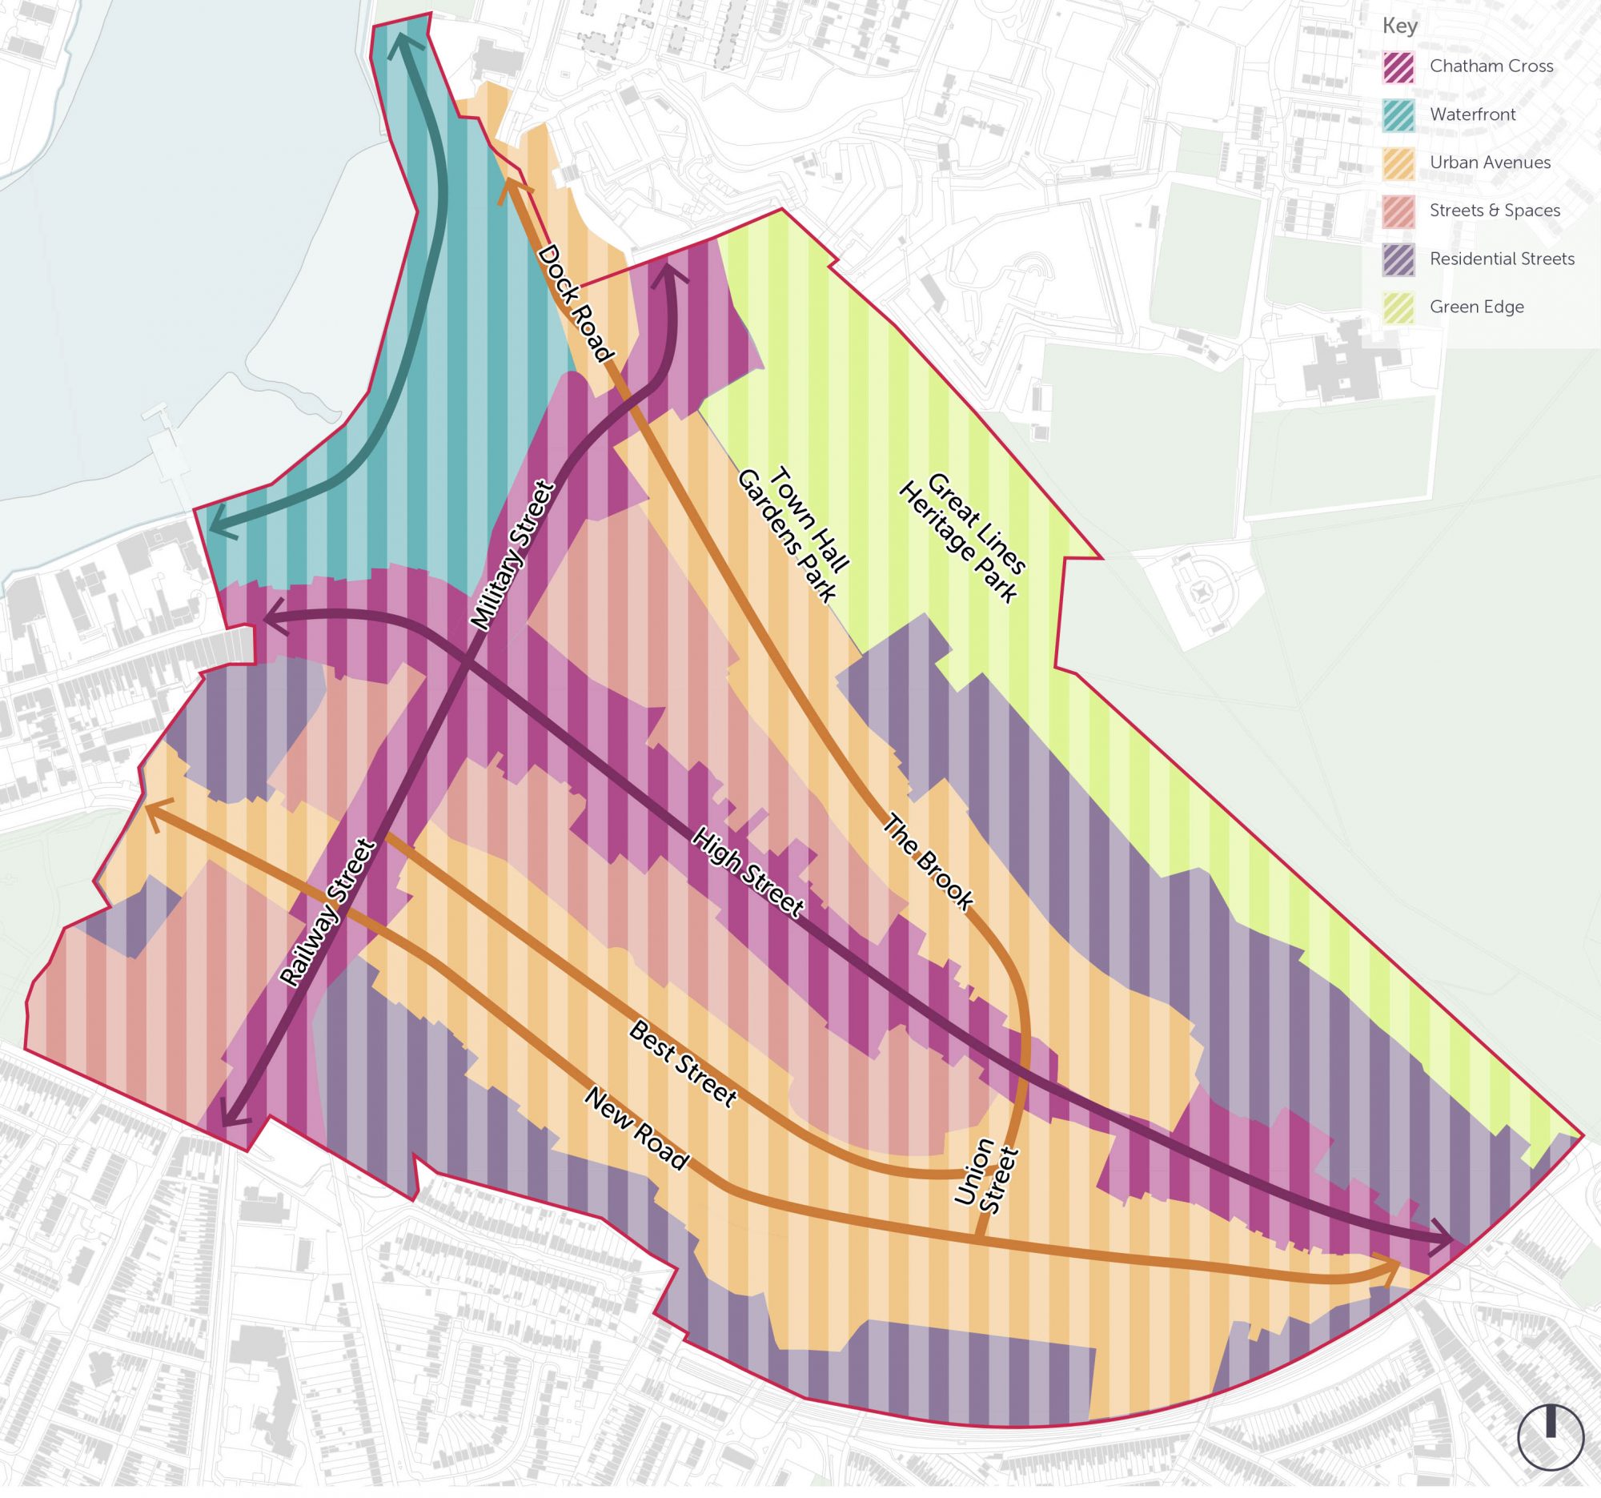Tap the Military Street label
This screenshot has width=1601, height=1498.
pos(513,556)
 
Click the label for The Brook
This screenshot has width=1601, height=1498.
pos(929,861)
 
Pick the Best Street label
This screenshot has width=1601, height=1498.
pos(682,1064)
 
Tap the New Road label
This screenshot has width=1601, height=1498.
pos(636,1129)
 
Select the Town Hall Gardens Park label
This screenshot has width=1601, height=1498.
pos(793,533)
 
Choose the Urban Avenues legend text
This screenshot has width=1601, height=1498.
pos(1490,163)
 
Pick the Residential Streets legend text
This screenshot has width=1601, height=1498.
pos(1502,259)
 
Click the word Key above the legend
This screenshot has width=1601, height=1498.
pos(1399,26)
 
